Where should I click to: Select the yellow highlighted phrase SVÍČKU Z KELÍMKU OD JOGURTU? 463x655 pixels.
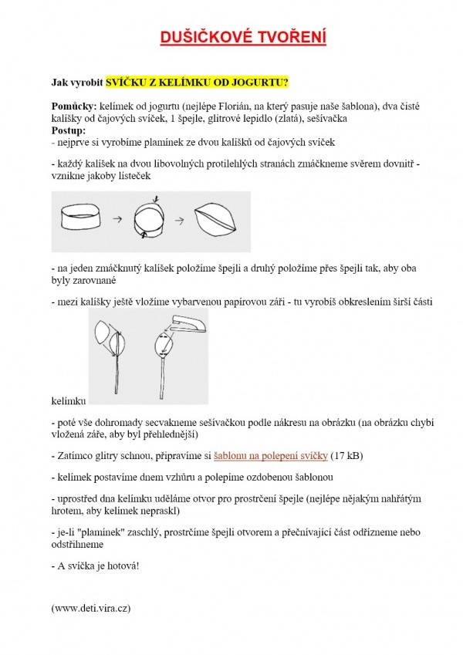[197, 82]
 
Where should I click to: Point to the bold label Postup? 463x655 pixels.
[69, 130]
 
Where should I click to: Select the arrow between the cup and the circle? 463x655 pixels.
[118, 220]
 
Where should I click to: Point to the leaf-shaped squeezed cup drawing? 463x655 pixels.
[217, 220]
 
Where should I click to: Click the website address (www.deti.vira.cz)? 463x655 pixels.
[91, 609]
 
